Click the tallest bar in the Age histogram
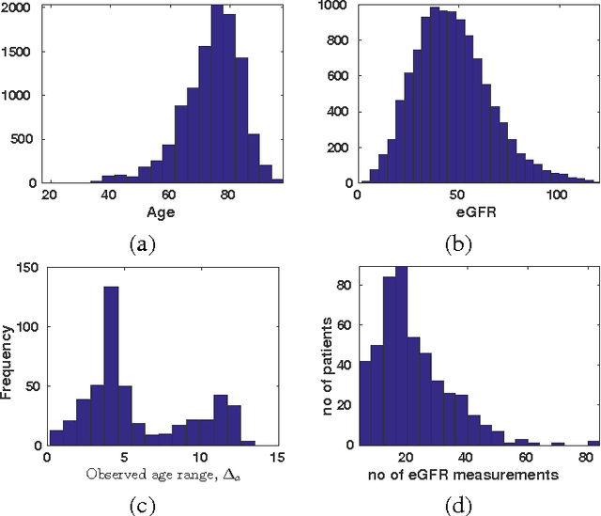217,94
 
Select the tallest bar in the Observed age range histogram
110,366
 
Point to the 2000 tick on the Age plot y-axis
30,8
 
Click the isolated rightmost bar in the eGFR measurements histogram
593,443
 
